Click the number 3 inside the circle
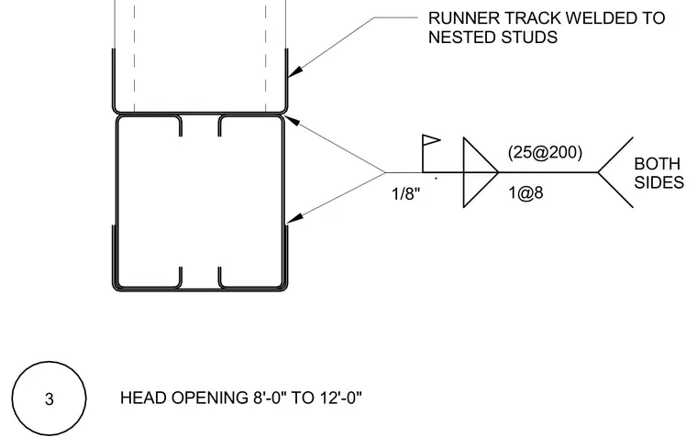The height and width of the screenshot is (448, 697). coord(49,399)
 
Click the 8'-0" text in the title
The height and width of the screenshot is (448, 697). coord(270,398)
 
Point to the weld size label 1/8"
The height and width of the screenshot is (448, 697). coord(406,193)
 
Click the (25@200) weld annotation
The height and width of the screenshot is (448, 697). coord(545,152)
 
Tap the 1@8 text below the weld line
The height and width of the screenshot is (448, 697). coord(526,192)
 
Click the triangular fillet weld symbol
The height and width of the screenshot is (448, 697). coord(481,172)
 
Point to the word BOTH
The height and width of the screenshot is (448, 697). coord(657,164)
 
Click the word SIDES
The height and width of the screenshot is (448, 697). coord(658,182)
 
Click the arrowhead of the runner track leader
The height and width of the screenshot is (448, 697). coord(294,71)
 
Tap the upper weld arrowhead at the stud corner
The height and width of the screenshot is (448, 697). coord(291,120)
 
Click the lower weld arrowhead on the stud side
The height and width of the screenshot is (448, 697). coord(293,218)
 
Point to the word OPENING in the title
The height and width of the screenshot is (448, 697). coord(211,398)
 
